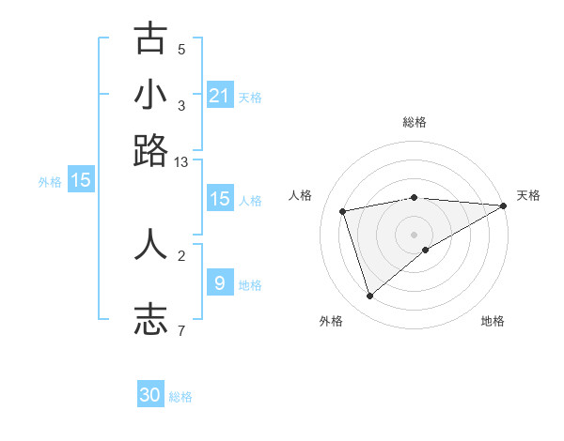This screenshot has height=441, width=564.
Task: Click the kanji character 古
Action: pyautogui.click(x=150, y=38)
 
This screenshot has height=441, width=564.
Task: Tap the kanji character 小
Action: pyautogui.click(x=150, y=95)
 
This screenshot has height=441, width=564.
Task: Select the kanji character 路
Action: pyautogui.click(x=150, y=150)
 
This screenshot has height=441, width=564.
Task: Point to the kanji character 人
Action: pyautogui.click(x=150, y=243)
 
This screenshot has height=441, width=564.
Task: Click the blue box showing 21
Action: pyautogui.click(x=220, y=96)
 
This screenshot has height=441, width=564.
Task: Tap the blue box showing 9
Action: pyautogui.click(x=220, y=282)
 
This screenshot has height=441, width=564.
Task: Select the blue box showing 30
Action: pyautogui.click(x=150, y=395)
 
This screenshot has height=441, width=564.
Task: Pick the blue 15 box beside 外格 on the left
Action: pyautogui.click(x=81, y=180)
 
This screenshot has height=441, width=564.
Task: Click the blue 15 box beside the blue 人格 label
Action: pyautogui.click(x=220, y=199)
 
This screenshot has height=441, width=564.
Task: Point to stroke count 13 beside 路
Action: pyautogui.click(x=181, y=162)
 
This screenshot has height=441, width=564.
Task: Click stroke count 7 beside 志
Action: pyautogui.click(x=181, y=330)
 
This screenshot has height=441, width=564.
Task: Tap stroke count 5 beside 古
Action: pyautogui.click(x=181, y=50)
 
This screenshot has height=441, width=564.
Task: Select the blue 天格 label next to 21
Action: pyautogui.click(x=250, y=98)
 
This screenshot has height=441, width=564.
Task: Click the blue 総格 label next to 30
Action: pyautogui.click(x=180, y=397)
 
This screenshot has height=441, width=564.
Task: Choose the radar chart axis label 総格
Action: pyautogui.click(x=415, y=122)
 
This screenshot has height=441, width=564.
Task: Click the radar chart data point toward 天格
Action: pyautogui.click(x=504, y=205)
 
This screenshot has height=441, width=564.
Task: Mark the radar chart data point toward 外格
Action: pyautogui.click(x=369, y=297)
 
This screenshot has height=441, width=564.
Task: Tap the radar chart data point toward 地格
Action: pyautogui.click(x=426, y=250)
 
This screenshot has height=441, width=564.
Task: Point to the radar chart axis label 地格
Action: pyautogui.click(x=493, y=322)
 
